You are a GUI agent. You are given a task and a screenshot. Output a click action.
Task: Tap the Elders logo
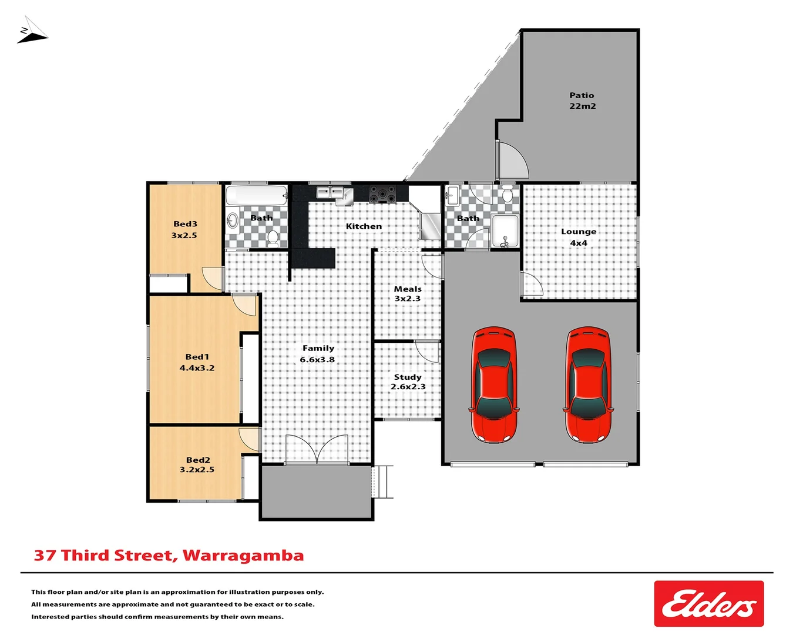pyautogui.click(x=708, y=604)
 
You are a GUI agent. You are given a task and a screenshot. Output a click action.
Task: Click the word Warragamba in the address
pyautogui.click(x=243, y=556)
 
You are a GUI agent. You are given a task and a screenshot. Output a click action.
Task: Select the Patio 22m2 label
pyautogui.click(x=582, y=101)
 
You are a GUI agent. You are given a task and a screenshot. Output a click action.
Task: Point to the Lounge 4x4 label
pyautogui.click(x=579, y=237)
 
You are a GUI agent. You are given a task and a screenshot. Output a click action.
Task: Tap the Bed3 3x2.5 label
pyautogui.click(x=184, y=229)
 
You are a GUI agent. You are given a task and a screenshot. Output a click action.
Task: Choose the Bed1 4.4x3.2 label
pyautogui.click(x=197, y=362)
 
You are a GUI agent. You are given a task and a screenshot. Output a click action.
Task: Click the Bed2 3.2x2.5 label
pyautogui.click(x=197, y=464)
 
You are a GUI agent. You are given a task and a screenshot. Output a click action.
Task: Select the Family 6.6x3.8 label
pyautogui.click(x=318, y=354)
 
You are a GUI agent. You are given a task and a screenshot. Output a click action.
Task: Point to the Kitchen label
pyautogui.click(x=364, y=226)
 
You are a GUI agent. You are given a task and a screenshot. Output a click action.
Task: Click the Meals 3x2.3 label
pyautogui.click(x=408, y=293)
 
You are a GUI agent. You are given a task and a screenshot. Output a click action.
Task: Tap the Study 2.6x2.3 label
pyautogui.click(x=408, y=382)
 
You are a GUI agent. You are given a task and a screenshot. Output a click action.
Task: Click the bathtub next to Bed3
pyautogui.click(x=257, y=196)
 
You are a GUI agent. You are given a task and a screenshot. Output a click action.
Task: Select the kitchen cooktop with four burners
pyautogui.click(x=382, y=193)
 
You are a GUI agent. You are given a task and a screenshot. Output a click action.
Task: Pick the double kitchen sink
pyautogui.click(x=330, y=192)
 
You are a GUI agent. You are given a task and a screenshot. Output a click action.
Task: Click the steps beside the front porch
pyautogui.click(x=382, y=482)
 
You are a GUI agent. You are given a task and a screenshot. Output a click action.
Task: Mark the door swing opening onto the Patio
pyautogui.click(x=512, y=162)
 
